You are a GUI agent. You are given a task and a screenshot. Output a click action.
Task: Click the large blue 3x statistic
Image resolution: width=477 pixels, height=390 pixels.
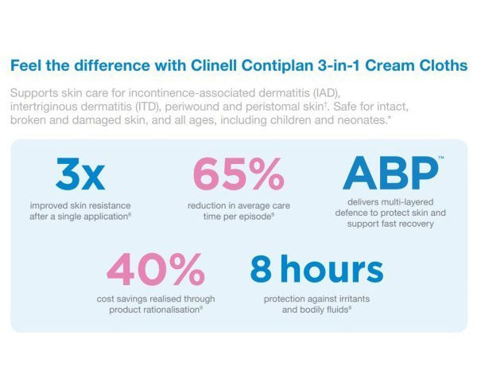click(x=80, y=174)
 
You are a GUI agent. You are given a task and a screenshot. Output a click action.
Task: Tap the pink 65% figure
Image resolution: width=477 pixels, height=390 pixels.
click(x=238, y=174)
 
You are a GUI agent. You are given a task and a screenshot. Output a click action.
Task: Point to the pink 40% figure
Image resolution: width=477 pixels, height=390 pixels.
click(x=156, y=271)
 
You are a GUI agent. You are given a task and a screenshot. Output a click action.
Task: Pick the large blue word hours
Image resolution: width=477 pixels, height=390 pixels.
click(x=331, y=271)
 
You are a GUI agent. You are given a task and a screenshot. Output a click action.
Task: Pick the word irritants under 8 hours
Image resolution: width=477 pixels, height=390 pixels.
click(x=345, y=298)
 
